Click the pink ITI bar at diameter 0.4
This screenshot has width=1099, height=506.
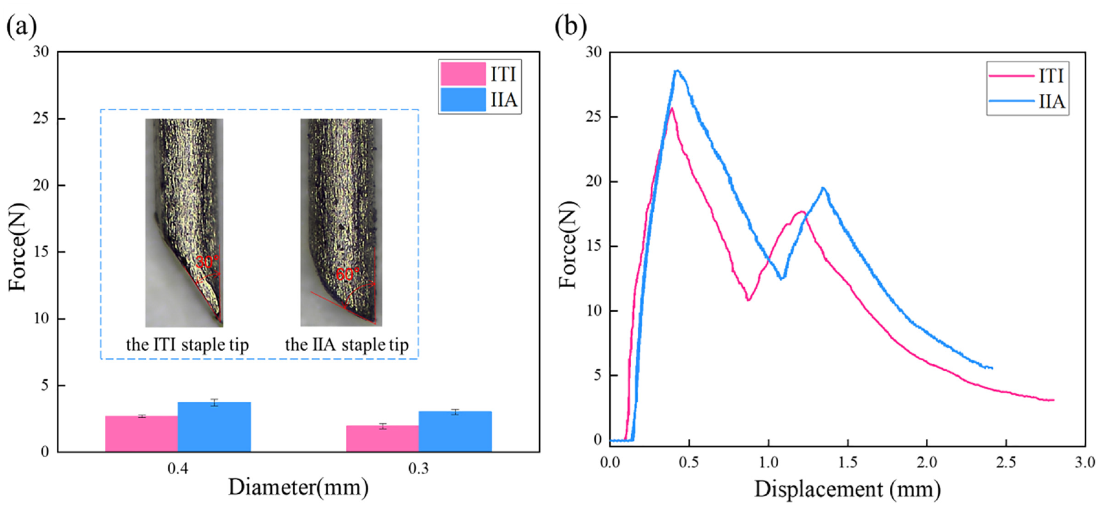141,433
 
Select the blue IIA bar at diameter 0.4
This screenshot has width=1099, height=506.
214,427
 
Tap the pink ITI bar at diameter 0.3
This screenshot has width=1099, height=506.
382,438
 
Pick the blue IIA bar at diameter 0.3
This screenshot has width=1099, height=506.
455,432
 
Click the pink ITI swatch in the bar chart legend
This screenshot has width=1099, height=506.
463,74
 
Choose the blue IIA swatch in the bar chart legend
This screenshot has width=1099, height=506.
463,99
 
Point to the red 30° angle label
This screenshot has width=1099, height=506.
207,262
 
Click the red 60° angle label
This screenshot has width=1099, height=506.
348,274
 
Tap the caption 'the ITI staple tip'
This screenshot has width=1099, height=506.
187,344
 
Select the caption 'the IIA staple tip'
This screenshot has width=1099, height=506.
346,344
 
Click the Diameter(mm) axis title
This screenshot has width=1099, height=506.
298,487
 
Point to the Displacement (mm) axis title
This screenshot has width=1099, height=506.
847,489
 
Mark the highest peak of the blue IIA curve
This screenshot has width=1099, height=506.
676,71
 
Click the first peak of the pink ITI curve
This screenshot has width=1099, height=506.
671,109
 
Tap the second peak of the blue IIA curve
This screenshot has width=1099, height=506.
823,188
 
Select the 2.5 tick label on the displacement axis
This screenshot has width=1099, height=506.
1006,462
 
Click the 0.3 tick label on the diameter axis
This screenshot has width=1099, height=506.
418,468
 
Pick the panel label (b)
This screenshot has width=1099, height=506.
571,26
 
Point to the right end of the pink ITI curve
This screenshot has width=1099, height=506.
1053,400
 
